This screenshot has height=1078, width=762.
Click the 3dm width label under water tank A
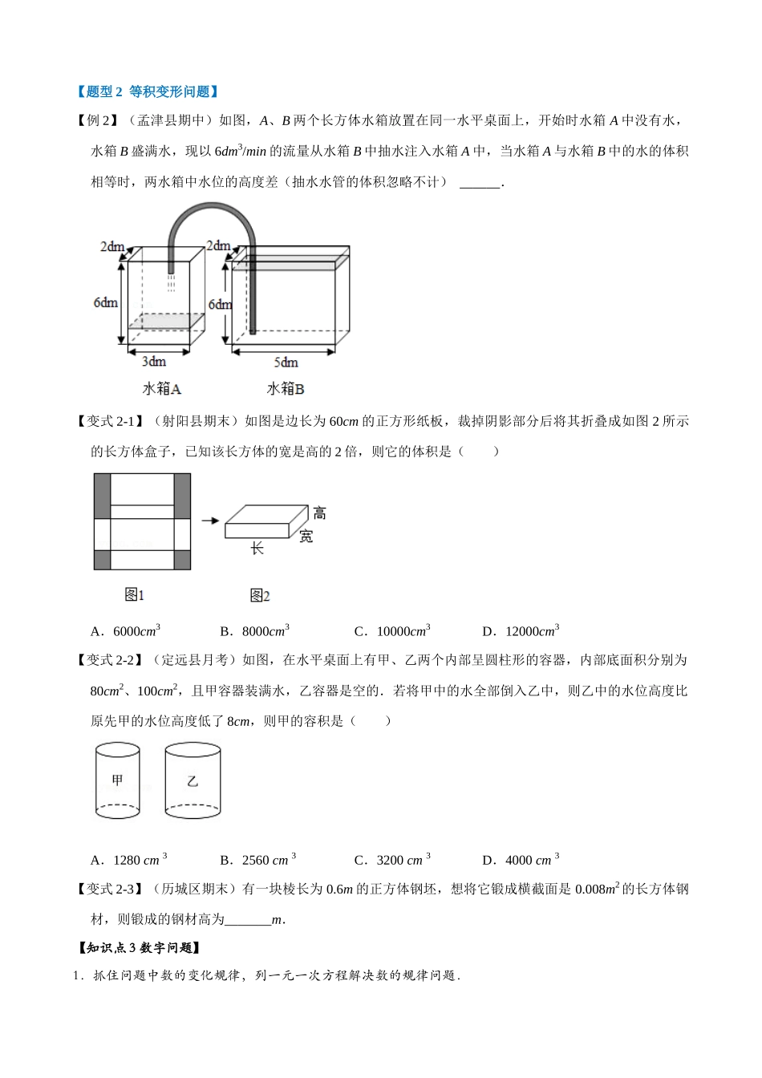pyautogui.click(x=153, y=362)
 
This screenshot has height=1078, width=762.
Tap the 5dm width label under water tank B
pyautogui.click(x=286, y=363)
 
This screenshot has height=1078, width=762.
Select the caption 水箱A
pyautogui.click(x=162, y=389)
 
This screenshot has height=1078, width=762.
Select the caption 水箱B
pyautogui.click(x=286, y=389)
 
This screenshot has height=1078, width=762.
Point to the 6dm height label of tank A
pyautogui.click(x=105, y=302)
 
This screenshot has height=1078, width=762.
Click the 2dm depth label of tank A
pyautogui.click(x=112, y=246)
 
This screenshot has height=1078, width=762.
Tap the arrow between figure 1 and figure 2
pyautogui.click(x=210, y=521)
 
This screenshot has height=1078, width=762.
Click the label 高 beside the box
pyautogui.click(x=319, y=513)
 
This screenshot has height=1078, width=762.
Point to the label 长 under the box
pyautogui.click(x=257, y=548)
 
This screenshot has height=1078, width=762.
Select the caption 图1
pyautogui.click(x=134, y=595)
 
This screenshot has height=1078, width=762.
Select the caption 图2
pyautogui.click(x=260, y=595)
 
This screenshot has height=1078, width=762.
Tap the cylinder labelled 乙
pyautogui.click(x=193, y=780)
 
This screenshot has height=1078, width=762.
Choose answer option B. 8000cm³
pyautogui.click(x=254, y=630)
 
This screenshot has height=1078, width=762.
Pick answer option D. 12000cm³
pyautogui.click(x=521, y=630)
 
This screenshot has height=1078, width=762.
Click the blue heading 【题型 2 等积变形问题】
pyautogui.click(x=147, y=91)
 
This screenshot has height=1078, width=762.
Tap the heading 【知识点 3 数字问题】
pyautogui.click(x=138, y=947)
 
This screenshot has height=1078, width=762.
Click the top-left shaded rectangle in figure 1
pyautogui.click(x=102, y=496)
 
